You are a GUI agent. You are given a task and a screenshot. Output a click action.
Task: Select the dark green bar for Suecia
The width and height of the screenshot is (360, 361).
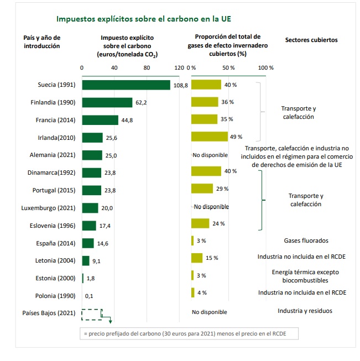pyautogui.click(x=126, y=85)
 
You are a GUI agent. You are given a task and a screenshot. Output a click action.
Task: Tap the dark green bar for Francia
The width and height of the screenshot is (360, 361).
pyautogui.click(x=100, y=120)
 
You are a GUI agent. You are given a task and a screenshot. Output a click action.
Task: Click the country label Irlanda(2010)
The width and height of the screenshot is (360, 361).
pyautogui.click(x=54, y=138)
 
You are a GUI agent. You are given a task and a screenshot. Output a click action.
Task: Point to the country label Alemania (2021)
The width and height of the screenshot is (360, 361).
pyautogui.click(x=52, y=155)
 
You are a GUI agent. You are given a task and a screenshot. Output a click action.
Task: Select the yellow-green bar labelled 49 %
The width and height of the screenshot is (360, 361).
pyautogui.click(x=209, y=137)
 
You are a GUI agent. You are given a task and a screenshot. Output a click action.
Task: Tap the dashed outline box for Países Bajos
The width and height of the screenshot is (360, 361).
pyautogui.click(x=92, y=313)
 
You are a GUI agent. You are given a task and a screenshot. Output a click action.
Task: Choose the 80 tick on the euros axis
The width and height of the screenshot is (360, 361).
pyautogui.click(x=147, y=67)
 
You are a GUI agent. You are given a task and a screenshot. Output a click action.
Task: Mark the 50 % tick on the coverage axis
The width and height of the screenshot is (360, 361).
pyautogui.click(x=228, y=67)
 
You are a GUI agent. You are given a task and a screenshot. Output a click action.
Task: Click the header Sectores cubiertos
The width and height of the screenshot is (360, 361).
pyautogui.click(x=311, y=40)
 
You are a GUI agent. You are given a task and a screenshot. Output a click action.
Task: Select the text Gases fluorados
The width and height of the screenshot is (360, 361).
pyautogui.click(x=306, y=240)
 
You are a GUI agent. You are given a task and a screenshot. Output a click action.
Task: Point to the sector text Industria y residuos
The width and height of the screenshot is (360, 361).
pyautogui.click(x=305, y=311)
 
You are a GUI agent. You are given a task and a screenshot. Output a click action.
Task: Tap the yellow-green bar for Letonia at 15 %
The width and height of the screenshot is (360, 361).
pyautogui.click(x=197, y=258)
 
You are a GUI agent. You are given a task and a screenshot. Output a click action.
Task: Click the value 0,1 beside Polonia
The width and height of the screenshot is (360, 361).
pyautogui.click(x=89, y=296)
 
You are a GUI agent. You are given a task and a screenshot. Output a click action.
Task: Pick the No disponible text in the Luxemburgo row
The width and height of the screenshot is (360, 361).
pyautogui.click(x=211, y=207)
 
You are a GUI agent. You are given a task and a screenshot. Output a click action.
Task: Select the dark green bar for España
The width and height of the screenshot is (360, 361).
pyautogui.click(x=88, y=243)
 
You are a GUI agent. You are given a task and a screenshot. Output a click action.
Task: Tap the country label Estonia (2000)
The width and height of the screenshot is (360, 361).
pyautogui.click(x=53, y=278)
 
